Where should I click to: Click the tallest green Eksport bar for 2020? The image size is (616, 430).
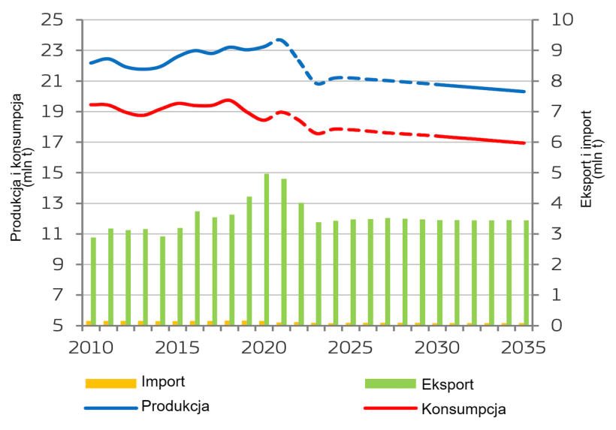[x=266, y=249]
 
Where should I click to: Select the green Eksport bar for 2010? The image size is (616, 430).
[x=94, y=281]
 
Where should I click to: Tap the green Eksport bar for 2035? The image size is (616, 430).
[x=526, y=272]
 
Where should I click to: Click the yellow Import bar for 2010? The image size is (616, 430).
[x=89, y=323]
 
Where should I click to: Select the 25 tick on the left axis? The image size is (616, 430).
[x=56, y=20]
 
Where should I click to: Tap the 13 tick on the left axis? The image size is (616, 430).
[x=56, y=204]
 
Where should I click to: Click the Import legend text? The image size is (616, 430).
[x=163, y=382]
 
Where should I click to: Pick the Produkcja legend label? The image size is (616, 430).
[x=175, y=406]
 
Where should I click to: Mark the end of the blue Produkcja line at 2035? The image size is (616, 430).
[x=524, y=92]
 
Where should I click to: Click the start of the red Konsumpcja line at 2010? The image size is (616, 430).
[x=91, y=104]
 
